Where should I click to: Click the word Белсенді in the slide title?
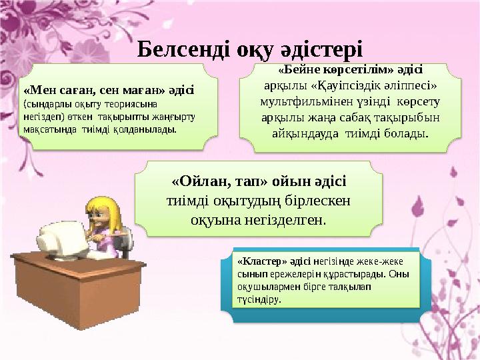click(x=181, y=49)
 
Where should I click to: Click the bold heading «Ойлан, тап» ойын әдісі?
click(x=259, y=181)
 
